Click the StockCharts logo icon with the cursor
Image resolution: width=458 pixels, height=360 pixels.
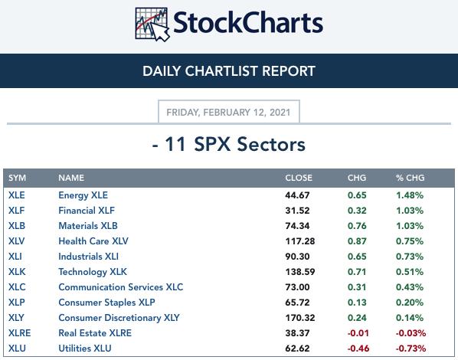152,25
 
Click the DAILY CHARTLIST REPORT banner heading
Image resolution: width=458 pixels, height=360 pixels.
229,71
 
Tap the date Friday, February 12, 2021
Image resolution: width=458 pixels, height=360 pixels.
228,112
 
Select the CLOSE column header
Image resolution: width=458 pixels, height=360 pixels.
299,178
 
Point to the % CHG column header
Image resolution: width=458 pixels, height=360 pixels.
410,178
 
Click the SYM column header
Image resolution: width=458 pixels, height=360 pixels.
18,178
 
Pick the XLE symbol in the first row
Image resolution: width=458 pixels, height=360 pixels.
17,195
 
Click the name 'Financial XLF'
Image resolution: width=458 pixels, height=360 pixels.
87,211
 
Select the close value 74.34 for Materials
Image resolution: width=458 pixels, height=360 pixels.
297,226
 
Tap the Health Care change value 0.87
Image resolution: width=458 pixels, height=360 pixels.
357,241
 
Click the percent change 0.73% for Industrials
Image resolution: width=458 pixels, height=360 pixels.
410,257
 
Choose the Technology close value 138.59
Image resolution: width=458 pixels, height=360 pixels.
300,272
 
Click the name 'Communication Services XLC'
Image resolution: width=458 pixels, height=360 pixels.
121,287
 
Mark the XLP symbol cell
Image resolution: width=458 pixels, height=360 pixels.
17,302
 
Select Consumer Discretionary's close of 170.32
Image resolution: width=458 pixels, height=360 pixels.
300,318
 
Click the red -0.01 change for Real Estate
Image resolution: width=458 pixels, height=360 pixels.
358,333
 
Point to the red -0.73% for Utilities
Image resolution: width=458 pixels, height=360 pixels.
411,349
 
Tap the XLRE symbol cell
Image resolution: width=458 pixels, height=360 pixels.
20,333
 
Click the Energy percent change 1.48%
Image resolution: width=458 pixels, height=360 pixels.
410,195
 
